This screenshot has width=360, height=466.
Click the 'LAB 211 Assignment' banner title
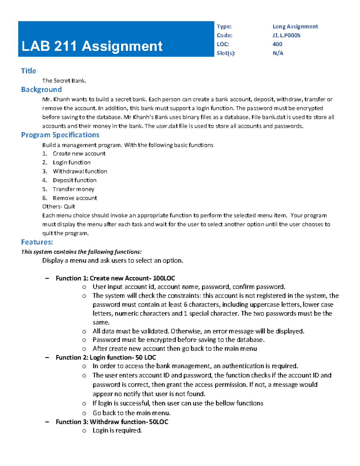coord(92,46)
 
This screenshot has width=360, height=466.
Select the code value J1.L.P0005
coord(286,35)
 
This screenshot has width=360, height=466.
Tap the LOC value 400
coord(277,44)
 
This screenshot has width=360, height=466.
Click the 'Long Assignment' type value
coord(295,26)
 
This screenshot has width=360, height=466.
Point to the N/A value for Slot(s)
coord(278,53)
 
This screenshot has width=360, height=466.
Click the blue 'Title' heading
coord(28,71)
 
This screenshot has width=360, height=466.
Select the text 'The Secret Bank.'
coord(64,81)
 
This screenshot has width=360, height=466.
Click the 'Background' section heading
coord(41,89)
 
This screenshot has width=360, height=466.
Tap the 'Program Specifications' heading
coord(60,135)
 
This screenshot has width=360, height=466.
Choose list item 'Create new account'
coord(79,154)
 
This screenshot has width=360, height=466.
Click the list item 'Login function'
coord(72,163)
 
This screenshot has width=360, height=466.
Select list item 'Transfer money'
coord(73,189)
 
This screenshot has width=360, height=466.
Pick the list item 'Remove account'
coord(75,198)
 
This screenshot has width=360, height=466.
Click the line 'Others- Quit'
coord(58,206)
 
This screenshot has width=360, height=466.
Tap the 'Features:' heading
coord(37,242)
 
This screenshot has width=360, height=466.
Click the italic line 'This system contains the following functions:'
coord(81,252)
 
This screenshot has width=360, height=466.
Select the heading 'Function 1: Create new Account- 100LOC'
coord(115,278)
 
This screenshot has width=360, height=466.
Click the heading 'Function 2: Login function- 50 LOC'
coord(106,357)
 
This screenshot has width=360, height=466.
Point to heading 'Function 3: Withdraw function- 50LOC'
coord(112,422)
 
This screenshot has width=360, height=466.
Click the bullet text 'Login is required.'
coord(117,430)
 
